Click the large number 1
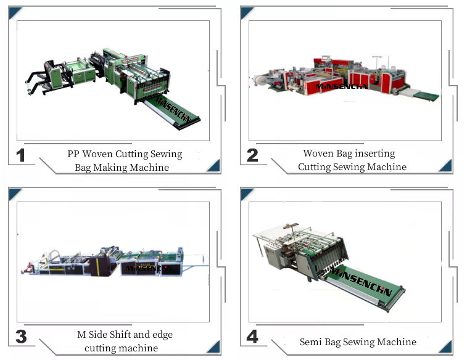(21, 155)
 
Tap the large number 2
(252, 155)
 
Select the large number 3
(21, 337)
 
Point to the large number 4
(252, 337)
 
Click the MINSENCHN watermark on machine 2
(342, 87)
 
